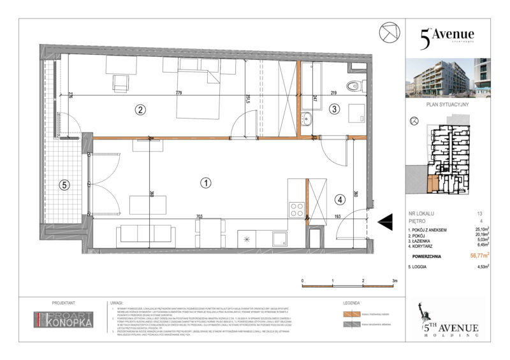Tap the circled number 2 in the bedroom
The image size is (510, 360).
tap(140, 109)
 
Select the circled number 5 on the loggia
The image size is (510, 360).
tap(62, 186)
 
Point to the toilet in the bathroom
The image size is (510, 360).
tap(353, 85)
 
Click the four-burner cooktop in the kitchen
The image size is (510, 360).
tap(297, 209)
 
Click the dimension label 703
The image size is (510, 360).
tap(200, 217)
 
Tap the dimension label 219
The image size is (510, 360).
tap(333, 94)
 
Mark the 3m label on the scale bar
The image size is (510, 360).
tap(395, 280)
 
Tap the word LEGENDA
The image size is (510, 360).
tap(352, 304)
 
